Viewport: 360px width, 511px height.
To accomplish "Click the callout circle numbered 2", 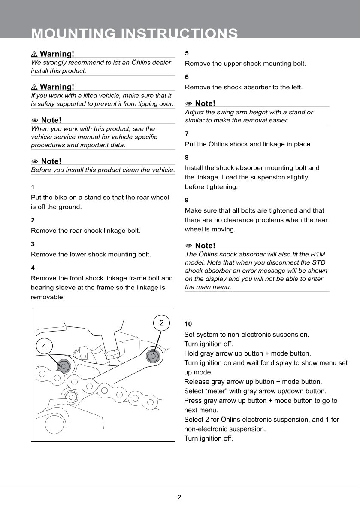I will click(161, 323).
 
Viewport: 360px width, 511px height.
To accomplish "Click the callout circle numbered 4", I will click(45, 345).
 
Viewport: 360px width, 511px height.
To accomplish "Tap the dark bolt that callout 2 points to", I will click(152, 356).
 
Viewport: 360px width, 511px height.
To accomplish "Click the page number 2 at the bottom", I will click(179, 497).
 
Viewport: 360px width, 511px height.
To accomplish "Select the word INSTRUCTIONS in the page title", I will click(177, 33).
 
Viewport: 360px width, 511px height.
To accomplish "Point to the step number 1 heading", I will click(33, 187).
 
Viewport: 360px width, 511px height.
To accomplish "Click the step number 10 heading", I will click(188, 324).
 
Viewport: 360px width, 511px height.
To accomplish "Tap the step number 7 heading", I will click(187, 134).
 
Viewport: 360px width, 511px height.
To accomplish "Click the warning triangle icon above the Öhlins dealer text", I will click(34, 54).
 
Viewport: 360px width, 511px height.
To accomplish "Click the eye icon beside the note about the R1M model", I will click(189, 246).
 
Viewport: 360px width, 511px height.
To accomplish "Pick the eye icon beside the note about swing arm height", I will click(189, 103).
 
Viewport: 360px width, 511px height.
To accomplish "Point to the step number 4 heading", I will click(33, 268).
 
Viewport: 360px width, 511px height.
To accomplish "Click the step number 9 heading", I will click(187, 200).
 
